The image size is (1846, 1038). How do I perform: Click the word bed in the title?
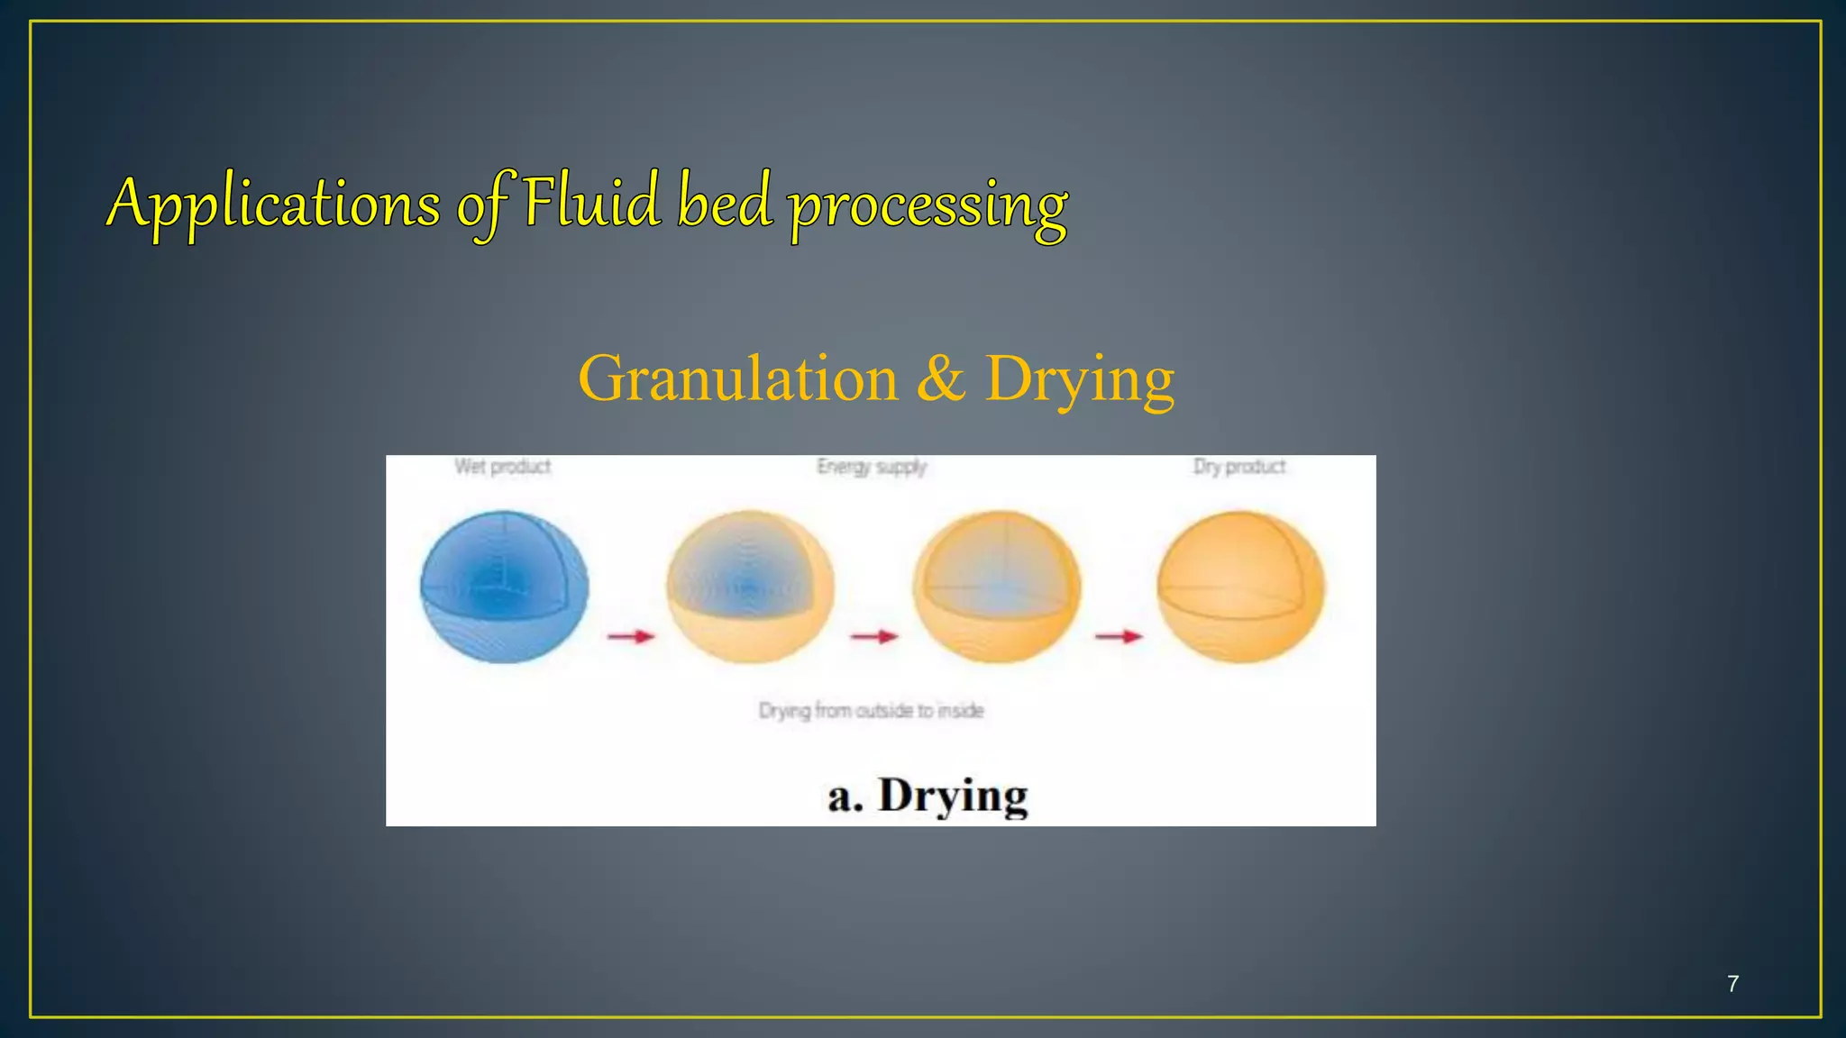point(725,202)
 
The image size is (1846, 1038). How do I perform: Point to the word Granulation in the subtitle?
point(738,378)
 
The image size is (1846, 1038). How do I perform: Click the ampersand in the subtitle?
point(940,378)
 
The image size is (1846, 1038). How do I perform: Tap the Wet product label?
point(502,467)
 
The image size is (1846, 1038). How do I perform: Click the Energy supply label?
point(872,467)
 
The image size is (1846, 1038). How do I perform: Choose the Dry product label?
point(1239,467)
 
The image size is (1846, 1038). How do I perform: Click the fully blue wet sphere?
point(505,587)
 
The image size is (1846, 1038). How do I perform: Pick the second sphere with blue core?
point(750,587)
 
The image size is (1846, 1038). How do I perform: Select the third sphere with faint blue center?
point(996,587)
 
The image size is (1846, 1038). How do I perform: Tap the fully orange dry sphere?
point(1241,587)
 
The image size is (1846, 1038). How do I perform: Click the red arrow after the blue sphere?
point(631,637)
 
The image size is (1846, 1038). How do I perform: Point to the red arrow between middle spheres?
point(874,637)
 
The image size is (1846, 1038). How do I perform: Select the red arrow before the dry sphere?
point(1119,637)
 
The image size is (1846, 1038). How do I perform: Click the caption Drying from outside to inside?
point(871,711)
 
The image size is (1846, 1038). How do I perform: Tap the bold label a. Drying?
point(928,796)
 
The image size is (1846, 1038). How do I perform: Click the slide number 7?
point(1732,984)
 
